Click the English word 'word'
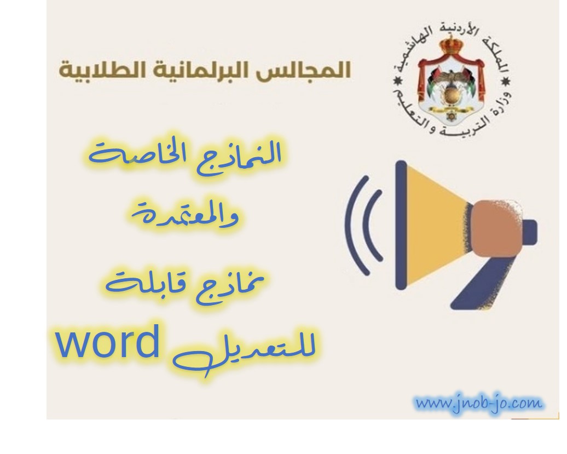coord(108,342)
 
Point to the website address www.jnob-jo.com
coord(479,403)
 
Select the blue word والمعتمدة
coord(185,215)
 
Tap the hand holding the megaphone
coord(497,228)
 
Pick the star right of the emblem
coord(506,81)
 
